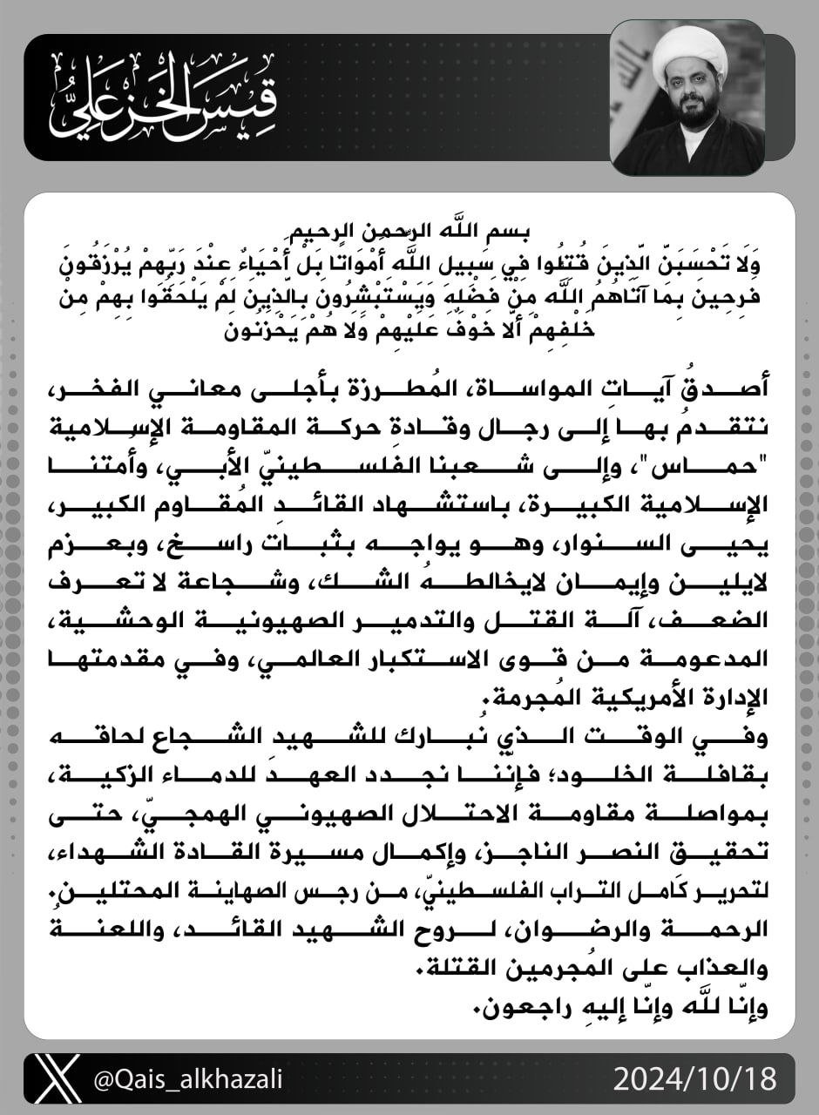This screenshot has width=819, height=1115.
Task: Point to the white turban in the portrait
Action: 688,54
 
